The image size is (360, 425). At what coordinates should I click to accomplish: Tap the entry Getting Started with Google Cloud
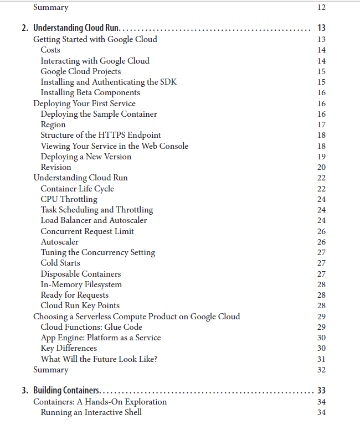(x=95, y=39)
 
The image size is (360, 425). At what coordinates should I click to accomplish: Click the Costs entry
(x=50, y=50)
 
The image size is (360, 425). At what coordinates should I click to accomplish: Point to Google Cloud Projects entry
(x=81, y=71)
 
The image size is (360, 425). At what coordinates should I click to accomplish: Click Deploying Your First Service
(x=84, y=103)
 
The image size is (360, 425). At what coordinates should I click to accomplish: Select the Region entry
(x=53, y=125)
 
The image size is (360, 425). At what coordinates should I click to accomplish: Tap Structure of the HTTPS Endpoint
(x=101, y=135)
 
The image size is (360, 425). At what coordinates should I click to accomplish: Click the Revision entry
(x=56, y=167)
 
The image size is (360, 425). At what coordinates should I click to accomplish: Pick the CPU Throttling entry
(x=69, y=199)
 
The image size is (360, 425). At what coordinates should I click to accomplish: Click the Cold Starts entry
(x=60, y=263)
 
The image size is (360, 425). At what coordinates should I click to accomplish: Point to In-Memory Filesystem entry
(x=81, y=284)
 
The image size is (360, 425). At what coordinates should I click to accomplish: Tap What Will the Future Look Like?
(x=99, y=359)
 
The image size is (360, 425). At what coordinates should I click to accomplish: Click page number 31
(x=321, y=359)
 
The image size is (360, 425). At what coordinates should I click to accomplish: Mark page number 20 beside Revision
(x=321, y=167)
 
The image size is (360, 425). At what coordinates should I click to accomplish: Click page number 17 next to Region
(x=321, y=125)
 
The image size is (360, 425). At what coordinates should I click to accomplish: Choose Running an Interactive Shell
(x=91, y=412)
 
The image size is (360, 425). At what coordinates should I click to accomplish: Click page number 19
(x=321, y=157)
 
